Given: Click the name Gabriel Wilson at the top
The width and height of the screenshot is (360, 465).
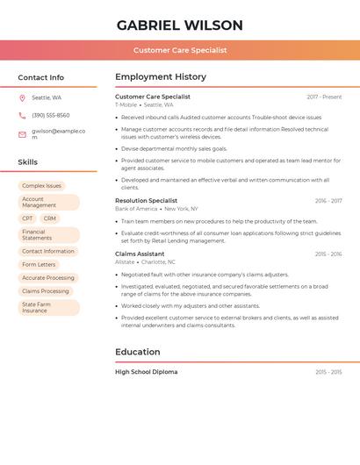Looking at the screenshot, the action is tap(180, 25).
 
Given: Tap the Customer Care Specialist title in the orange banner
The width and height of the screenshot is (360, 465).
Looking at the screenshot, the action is tap(180, 50).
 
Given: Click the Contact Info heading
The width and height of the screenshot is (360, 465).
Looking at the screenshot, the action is tap(40, 77).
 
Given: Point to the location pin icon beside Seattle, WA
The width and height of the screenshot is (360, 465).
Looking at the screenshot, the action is tap(22, 98).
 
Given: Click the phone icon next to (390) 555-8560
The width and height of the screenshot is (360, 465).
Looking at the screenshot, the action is tap(22, 115).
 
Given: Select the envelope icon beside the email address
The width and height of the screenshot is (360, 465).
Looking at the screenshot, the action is tap(22, 134).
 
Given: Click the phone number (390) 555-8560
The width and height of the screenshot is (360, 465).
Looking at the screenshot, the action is tap(51, 115).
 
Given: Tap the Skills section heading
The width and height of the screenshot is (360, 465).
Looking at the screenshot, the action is tap(27, 162).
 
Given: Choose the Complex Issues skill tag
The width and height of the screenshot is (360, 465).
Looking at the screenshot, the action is tap(41, 186).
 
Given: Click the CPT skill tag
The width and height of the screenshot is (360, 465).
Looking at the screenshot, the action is tap(27, 218).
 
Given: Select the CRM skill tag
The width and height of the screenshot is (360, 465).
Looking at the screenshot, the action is tap(49, 218).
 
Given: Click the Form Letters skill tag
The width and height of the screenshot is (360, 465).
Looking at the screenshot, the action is tap(39, 264).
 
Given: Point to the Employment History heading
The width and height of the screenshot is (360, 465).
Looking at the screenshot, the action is tap(161, 77).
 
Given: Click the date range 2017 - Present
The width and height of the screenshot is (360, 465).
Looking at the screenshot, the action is tap(324, 97).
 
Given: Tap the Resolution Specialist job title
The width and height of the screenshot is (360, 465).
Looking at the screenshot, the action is tap(146, 201).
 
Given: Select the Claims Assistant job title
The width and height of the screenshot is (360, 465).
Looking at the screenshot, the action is tap(140, 254).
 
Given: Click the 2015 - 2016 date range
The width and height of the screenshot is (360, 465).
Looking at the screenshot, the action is tap(328, 254).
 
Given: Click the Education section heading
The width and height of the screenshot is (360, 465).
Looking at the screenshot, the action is tap(137, 352).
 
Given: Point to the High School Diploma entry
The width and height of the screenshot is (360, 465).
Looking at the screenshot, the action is tap(146, 372).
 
